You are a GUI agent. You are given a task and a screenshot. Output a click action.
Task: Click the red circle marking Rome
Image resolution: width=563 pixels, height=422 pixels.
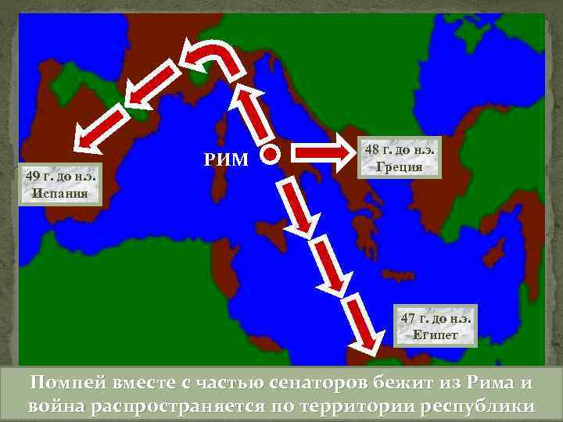(x=270, y=154)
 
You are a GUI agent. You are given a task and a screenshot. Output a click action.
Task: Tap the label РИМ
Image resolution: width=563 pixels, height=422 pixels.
(x=225, y=161)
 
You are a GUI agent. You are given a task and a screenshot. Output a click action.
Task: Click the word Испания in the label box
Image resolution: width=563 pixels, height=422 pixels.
(x=60, y=191)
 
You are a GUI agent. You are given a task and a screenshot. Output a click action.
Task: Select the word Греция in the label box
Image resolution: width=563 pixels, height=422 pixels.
(x=399, y=166)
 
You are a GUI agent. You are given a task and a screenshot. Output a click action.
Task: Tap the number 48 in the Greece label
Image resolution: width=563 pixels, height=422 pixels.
(x=372, y=150)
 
